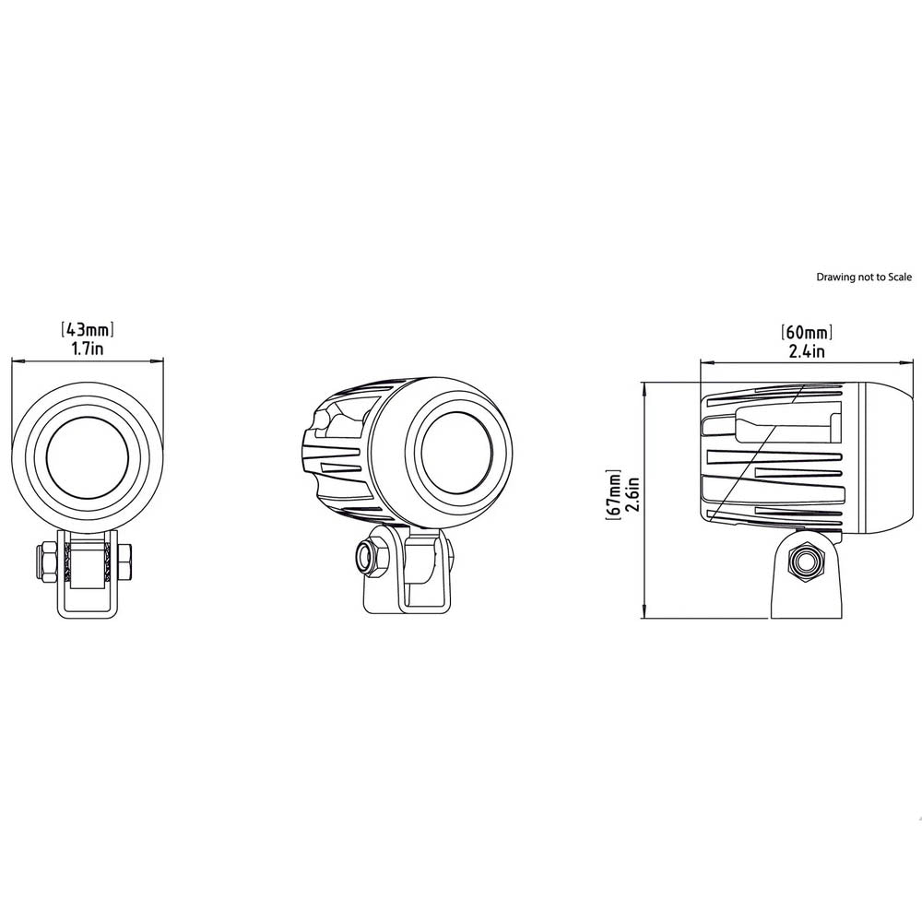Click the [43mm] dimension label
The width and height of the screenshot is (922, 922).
tap(87, 329)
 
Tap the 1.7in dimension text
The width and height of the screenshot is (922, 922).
tap(87, 349)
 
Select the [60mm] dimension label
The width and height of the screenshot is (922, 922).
tap(807, 332)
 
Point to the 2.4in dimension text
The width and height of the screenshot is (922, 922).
tap(807, 351)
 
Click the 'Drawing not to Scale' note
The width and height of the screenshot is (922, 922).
tap(864, 277)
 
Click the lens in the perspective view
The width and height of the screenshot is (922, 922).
tap(456, 454)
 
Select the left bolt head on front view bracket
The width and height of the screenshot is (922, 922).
tap(46, 561)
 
